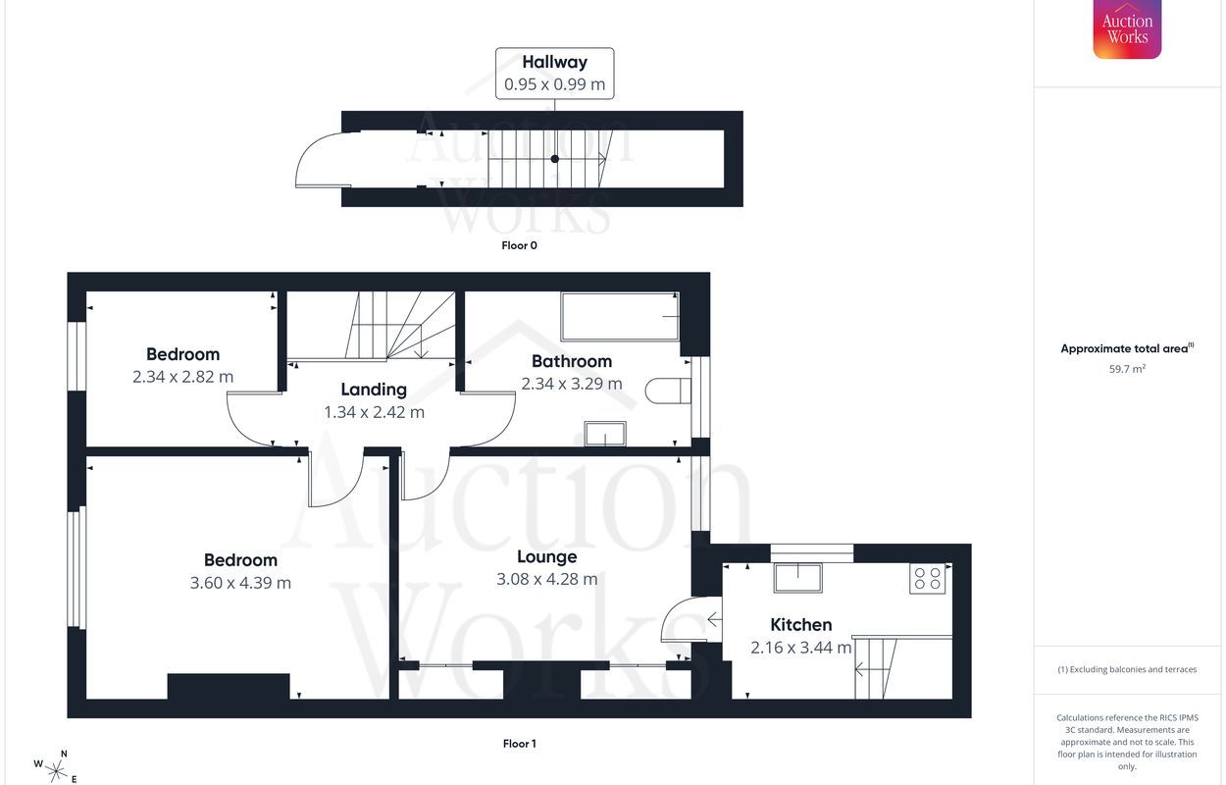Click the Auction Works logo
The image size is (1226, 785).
1127,28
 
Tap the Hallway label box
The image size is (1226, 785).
554,74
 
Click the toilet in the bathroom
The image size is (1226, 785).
668,391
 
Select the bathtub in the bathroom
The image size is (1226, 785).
620,316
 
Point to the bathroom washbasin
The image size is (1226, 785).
605,434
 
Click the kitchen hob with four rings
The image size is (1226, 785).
928,579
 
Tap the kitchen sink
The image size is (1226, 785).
798,578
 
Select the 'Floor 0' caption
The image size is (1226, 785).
520,245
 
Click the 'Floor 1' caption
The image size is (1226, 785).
520,744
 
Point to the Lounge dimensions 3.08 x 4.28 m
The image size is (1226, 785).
546,579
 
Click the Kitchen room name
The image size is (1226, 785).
800,625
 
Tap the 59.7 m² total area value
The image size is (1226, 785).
1127,369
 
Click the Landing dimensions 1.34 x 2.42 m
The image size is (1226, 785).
375,412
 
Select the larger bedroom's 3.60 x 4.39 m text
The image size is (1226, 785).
240,583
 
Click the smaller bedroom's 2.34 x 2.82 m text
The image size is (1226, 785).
182,377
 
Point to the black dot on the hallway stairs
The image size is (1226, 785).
555,159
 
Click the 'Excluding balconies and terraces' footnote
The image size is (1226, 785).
1127,669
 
